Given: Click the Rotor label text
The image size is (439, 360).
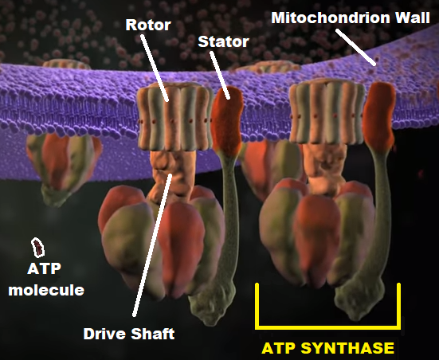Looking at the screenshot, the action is tap(148, 25).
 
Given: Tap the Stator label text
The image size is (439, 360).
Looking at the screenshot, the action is tap(223, 41).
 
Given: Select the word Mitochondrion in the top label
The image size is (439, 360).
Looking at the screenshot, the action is tap(331, 18).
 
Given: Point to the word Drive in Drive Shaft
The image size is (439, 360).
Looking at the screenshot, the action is tap(104, 334).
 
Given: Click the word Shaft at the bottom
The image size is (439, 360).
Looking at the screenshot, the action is tap(152, 334).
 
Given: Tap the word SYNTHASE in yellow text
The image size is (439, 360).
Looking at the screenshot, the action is tap(347, 348).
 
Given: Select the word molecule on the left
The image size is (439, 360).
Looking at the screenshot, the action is tap(46, 290).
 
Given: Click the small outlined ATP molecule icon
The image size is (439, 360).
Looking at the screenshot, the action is tap(37, 248).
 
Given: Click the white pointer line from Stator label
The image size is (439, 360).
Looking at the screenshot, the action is tap(220, 75).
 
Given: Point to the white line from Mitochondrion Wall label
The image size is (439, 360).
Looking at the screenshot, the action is tap(355, 47).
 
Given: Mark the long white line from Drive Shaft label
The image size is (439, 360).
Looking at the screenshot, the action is tap(153, 245).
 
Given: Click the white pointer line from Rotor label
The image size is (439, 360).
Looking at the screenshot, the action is tap(155, 68).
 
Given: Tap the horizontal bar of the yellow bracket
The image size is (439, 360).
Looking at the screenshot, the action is tap(327, 326).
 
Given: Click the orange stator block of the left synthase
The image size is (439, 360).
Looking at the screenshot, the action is tap(227, 121).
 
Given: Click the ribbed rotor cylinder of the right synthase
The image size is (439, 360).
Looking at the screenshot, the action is tap(327, 112).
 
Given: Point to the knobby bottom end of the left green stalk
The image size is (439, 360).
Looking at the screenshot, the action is tap(212, 308).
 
